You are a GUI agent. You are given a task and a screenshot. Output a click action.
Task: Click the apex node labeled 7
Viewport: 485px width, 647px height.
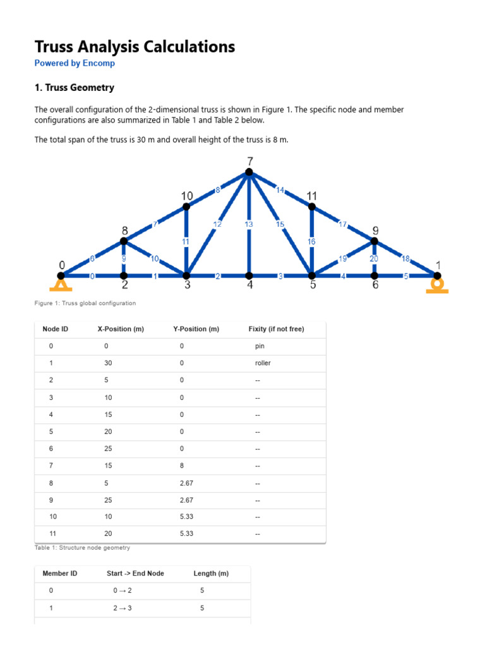click(x=249, y=172)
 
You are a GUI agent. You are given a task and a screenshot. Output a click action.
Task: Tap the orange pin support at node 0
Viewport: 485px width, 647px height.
click(x=61, y=284)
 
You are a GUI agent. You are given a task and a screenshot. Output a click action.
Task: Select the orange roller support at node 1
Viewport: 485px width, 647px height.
click(x=436, y=284)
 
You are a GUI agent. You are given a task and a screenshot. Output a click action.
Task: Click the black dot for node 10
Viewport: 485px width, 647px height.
click(x=186, y=207)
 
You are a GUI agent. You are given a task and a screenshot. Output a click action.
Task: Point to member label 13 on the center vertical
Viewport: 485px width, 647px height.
click(x=249, y=224)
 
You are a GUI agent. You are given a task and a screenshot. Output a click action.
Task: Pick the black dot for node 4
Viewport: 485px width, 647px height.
click(x=249, y=275)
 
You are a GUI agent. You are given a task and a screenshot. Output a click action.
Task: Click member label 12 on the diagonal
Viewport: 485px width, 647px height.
click(x=217, y=224)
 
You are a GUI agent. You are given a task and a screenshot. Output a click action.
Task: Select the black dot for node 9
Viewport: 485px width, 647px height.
click(x=374, y=241)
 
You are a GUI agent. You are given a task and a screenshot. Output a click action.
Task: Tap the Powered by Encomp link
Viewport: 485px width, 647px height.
click(x=75, y=63)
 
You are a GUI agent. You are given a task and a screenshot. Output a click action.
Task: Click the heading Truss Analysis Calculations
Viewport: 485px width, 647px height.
click(x=135, y=46)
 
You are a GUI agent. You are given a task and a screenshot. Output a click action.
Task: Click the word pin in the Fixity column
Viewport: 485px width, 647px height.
click(x=260, y=347)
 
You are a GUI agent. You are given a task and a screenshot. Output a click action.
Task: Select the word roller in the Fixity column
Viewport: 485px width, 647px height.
click(x=263, y=364)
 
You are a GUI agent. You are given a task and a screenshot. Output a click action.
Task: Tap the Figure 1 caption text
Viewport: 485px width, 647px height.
click(x=85, y=303)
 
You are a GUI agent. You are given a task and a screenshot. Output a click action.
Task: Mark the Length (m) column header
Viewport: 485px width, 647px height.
click(x=211, y=574)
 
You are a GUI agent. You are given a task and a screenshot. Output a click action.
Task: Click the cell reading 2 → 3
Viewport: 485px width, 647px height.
click(x=123, y=608)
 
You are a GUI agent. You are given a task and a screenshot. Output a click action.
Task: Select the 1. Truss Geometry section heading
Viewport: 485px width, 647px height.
click(x=74, y=88)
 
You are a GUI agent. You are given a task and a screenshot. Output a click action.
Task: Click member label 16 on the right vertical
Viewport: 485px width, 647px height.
click(x=311, y=241)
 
